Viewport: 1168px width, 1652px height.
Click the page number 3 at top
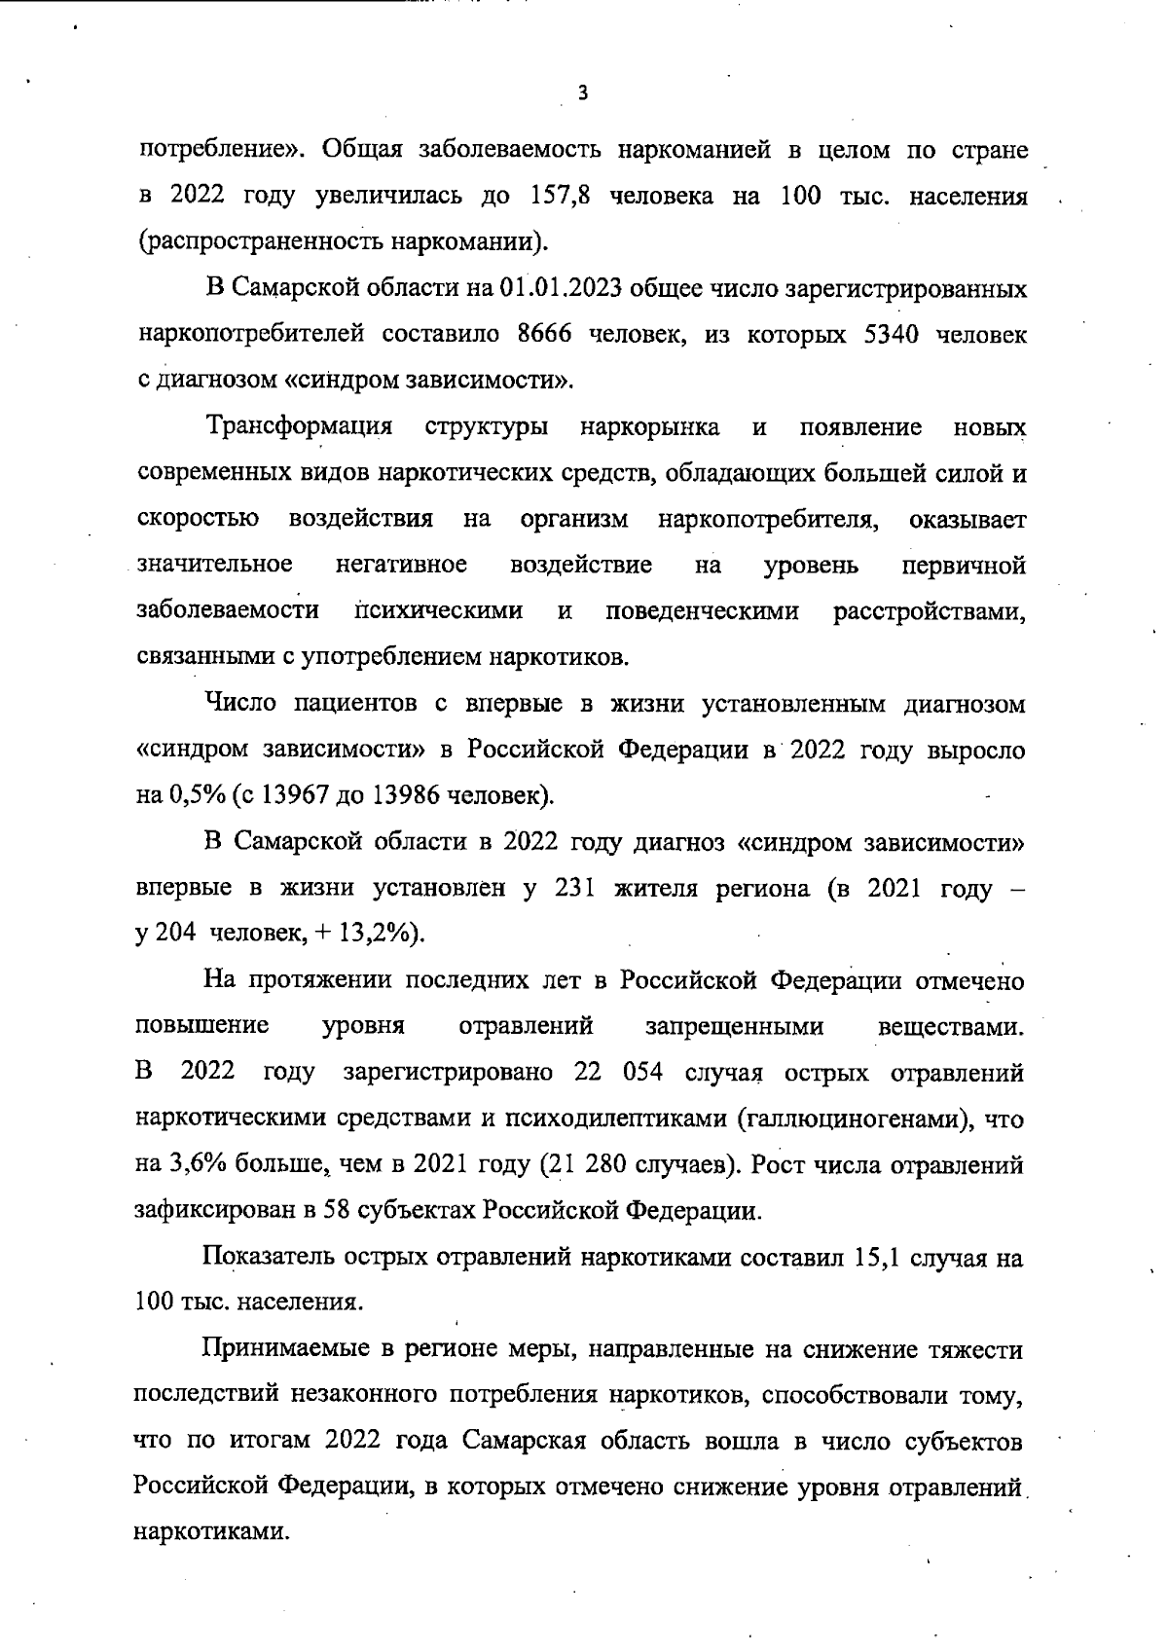pyautogui.click(x=582, y=93)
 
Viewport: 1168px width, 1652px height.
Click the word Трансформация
pyautogui.click(x=300, y=427)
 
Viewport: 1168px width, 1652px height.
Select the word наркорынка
pyautogui.click(x=649, y=427)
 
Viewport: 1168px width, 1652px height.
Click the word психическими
pyautogui.click(x=438, y=611)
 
